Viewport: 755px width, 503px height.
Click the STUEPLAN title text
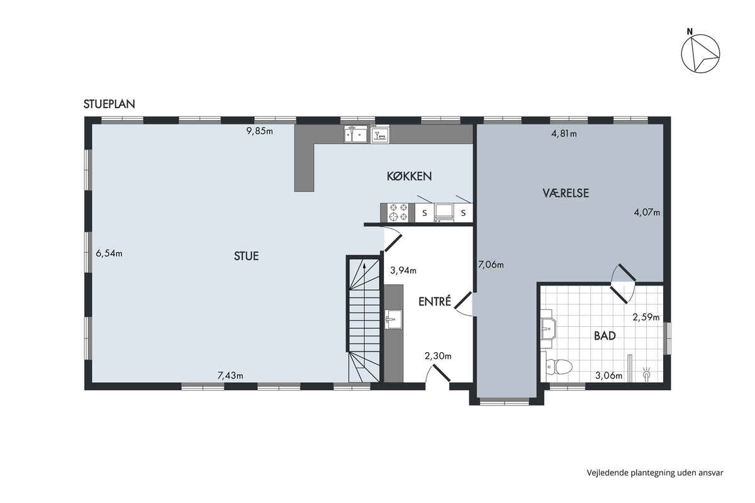[x=109, y=104]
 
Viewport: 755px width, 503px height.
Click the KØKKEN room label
[x=409, y=176]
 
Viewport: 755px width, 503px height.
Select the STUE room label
[x=247, y=256]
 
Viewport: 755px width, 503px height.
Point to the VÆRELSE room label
[x=566, y=193]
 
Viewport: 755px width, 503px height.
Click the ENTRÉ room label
[x=435, y=301]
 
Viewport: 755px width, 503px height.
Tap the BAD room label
[x=605, y=336]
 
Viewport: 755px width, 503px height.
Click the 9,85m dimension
[x=259, y=131]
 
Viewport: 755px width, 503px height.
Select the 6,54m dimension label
[x=109, y=253]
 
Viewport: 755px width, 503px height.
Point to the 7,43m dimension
[x=230, y=375]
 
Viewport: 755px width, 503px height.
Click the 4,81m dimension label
[x=564, y=134]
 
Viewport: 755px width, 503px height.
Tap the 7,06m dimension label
[x=491, y=265]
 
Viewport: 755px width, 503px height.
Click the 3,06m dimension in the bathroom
[x=609, y=375]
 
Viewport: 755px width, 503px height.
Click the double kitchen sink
[x=355, y=134]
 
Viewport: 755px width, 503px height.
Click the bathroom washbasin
[x=549, y=328]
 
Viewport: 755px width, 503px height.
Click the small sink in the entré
[x=393, y=319]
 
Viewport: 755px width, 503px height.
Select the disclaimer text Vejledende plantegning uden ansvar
[x=655, y=473]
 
